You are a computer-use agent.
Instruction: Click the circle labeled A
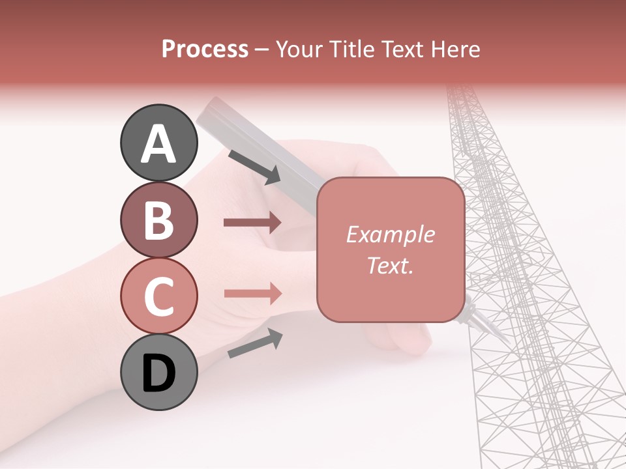click(158, 143)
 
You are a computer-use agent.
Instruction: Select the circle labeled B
click(158, 220)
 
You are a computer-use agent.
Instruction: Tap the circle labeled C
click(158, 296)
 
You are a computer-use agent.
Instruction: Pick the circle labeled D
click(158, 373)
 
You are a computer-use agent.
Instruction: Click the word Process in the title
click(205, 49)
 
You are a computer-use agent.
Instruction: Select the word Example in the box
click(391, 234)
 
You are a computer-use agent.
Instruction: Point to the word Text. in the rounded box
click(391, 265)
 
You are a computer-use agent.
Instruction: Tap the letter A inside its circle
click(158, 144)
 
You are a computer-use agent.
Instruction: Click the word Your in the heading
click(299, 49)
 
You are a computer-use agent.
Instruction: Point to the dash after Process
click(262, 50)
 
